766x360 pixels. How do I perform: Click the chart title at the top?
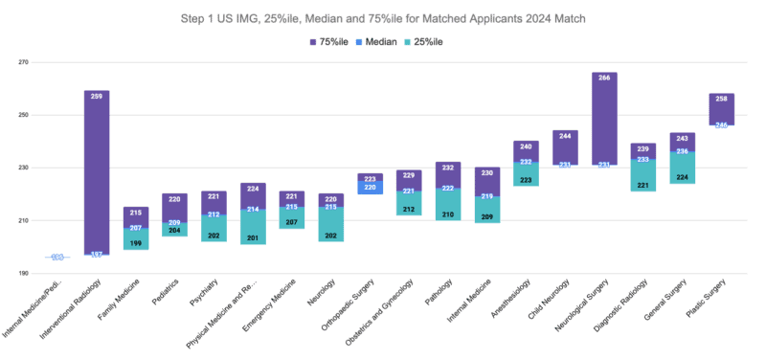[383, 17]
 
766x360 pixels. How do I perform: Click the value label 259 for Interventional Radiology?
[97, 98]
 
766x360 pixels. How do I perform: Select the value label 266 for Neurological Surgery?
[604, 79]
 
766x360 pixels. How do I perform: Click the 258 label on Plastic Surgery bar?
[722, 100]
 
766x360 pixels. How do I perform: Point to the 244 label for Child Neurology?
[565, 136]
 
